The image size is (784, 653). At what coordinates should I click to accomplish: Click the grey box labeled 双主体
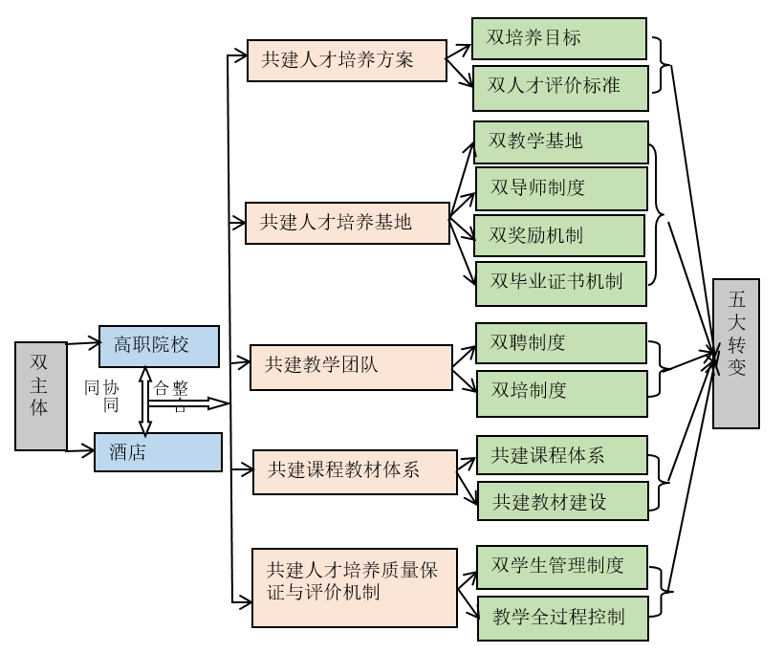(x=41, y=395)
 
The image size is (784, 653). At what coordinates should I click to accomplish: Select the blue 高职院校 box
(x=159, y=346)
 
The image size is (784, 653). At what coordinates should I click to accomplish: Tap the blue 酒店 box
(x=158, y=452)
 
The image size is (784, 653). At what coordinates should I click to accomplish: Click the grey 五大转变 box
(x=735, y=353)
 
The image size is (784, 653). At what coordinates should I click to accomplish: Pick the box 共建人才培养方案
(x=346, y=59)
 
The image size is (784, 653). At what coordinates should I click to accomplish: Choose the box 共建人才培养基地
(x=346, y=223)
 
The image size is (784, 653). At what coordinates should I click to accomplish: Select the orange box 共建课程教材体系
(x=355, y=471)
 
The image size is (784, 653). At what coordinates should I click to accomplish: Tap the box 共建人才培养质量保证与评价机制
(x=354, y=587)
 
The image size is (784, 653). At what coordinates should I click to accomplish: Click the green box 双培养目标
(x=559, y=38)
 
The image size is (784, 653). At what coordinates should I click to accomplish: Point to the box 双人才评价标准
(x=561, y=86)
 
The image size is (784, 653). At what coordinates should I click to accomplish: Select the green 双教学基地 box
(x=561, y=141)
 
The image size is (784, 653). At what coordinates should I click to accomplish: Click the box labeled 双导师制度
(x=561, y=188)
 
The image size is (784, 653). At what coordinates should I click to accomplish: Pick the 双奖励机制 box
(x=560, y=235)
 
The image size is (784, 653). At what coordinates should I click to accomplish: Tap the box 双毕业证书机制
(x=561, y=282)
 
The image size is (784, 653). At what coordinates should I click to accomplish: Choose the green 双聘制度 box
(x=561, y=343)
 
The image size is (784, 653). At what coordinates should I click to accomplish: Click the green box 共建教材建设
(x=562, y=500)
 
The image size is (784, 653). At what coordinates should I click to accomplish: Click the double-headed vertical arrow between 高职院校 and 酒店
(x=145, y=401)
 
